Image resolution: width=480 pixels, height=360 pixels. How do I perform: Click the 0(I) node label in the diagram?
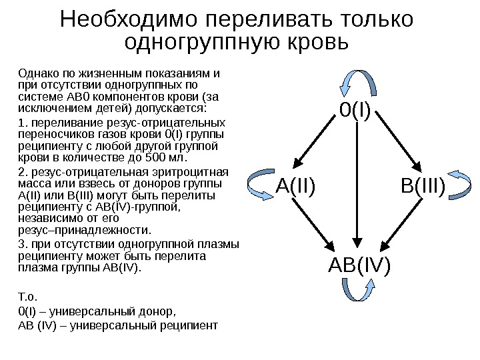click(x=355, y=110)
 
